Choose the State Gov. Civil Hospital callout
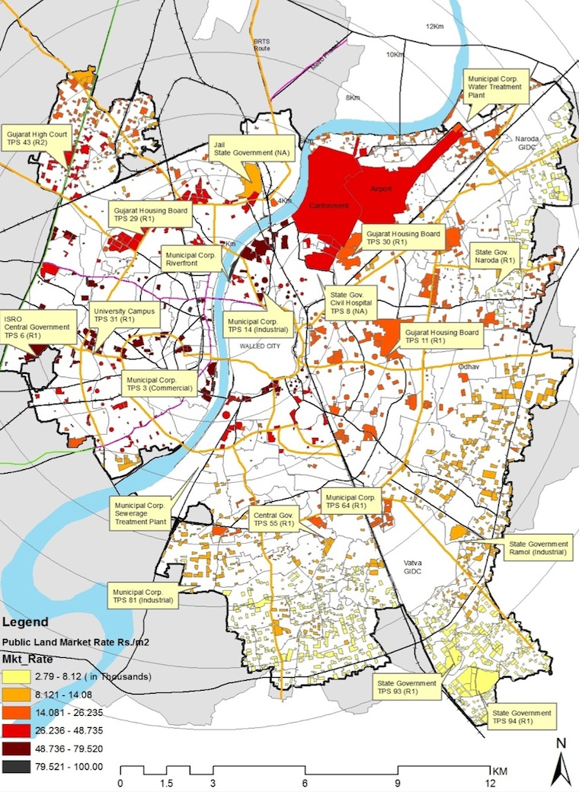[349, 302]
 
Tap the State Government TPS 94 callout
[522, 715]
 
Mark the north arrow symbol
[561, 764]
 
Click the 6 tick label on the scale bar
[305, 783]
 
